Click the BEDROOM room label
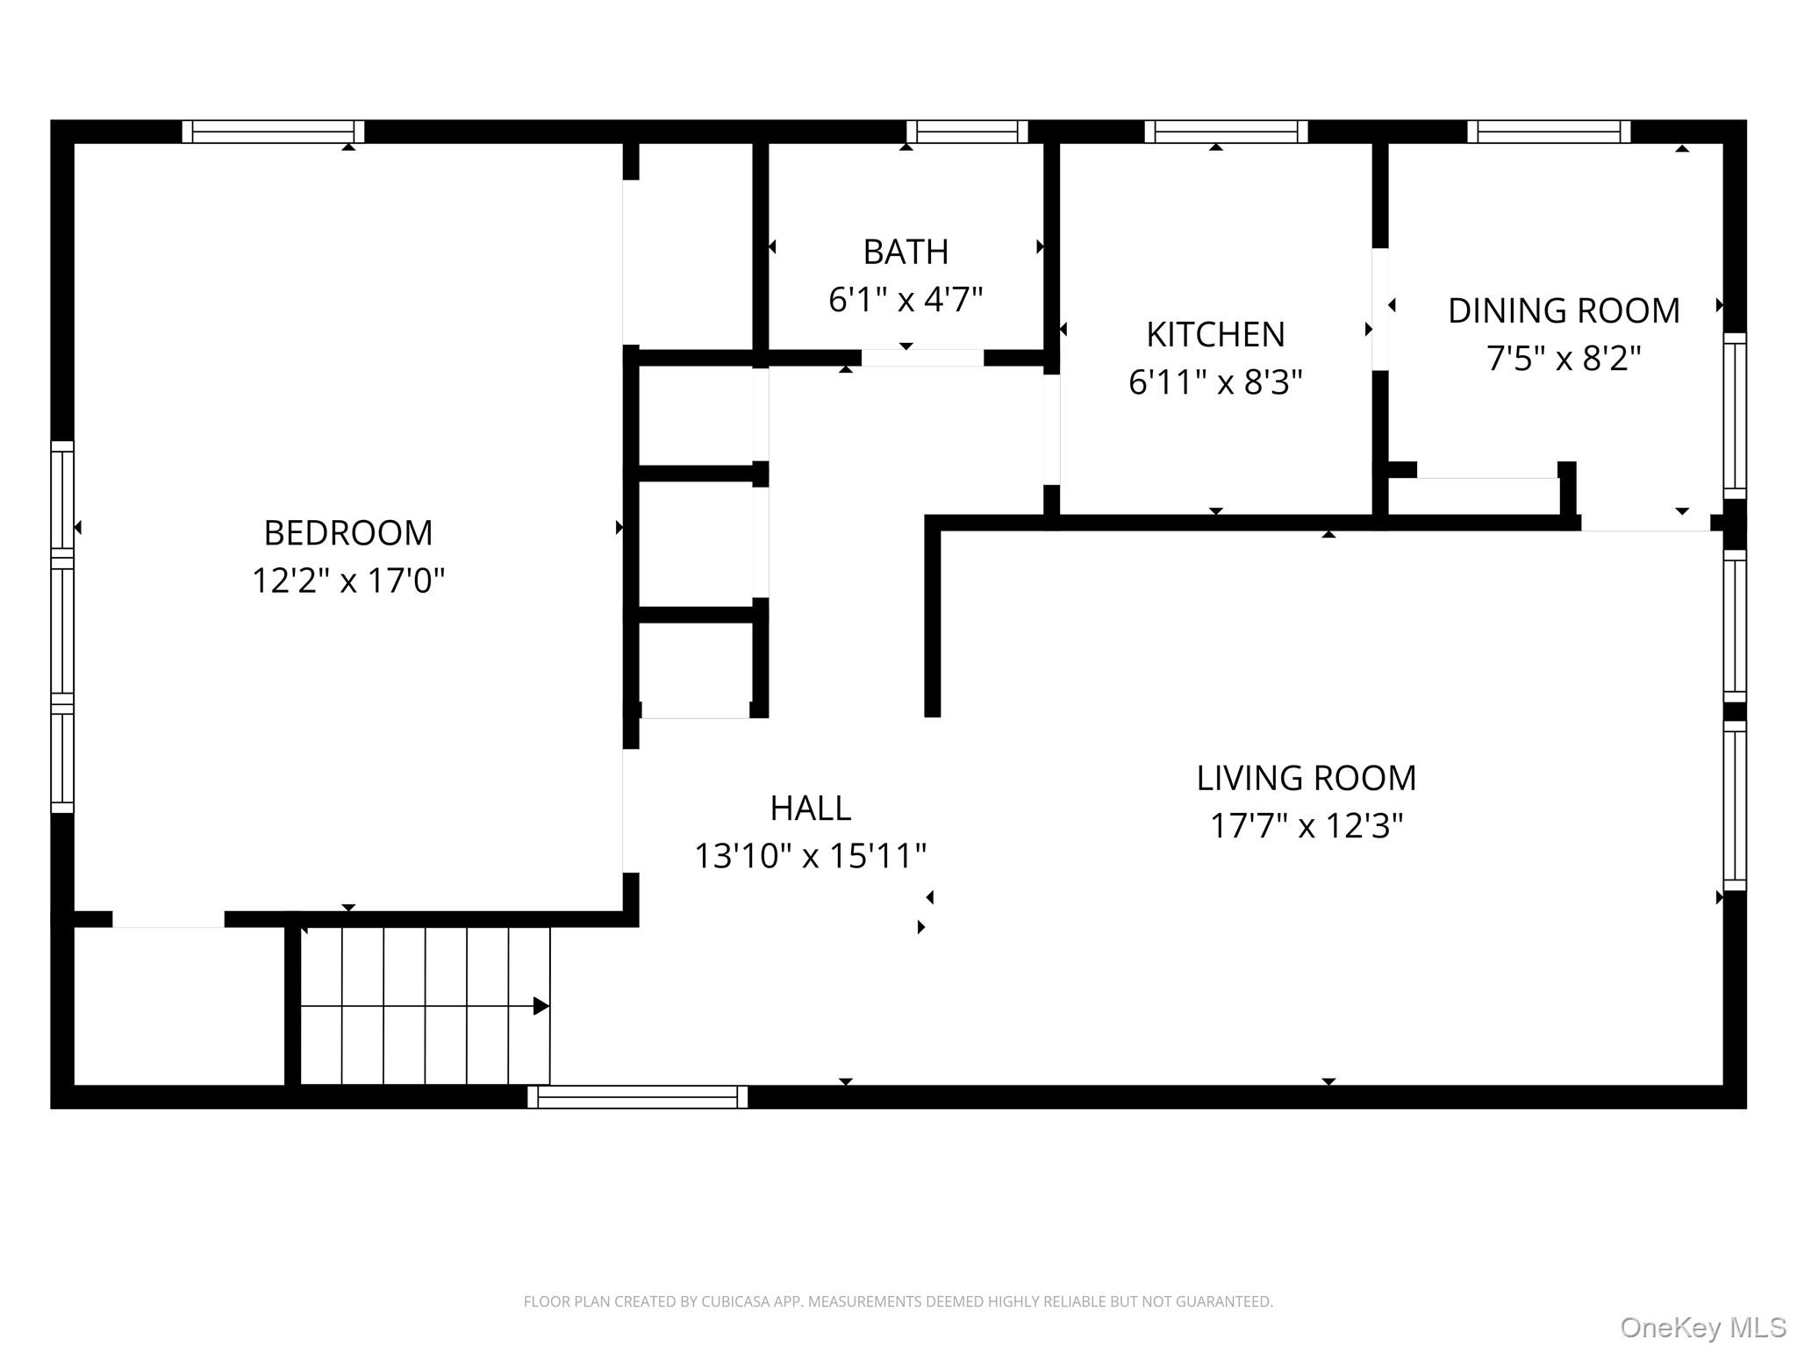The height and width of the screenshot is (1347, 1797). [x=348, y=533]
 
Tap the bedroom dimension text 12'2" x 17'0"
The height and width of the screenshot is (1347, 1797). [x=348, y=581]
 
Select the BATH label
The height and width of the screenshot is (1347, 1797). [x=906, y=253]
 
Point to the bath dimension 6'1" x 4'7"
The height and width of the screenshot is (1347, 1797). [x=906, y=300]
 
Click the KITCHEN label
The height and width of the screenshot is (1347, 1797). [x=1215, y=335]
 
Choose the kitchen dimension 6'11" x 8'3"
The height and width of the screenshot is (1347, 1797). [x=1215, y=382]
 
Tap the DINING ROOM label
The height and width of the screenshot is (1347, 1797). [x=1564, y=311]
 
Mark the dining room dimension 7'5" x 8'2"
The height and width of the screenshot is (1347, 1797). [x=1564, y=359]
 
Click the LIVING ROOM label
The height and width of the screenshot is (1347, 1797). [x=1307, y=779]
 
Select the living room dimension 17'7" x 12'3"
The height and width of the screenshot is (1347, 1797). [x=1307, y=826]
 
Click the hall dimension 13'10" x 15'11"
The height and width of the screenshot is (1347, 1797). [x=811, y=856]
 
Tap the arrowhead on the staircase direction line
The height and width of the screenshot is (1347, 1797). [x=541, y=1006]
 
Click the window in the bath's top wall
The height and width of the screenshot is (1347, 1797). [x=967, y=132]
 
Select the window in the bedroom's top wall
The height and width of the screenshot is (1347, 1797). [x=273, y=132]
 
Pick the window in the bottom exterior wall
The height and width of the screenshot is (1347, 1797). [x=638, y=1097]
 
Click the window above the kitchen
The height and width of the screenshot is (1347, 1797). [x=1226, y=132]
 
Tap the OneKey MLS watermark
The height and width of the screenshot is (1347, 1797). [x=1703, y=1327]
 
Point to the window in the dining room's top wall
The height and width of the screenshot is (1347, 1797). [x=1549, y=132]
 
